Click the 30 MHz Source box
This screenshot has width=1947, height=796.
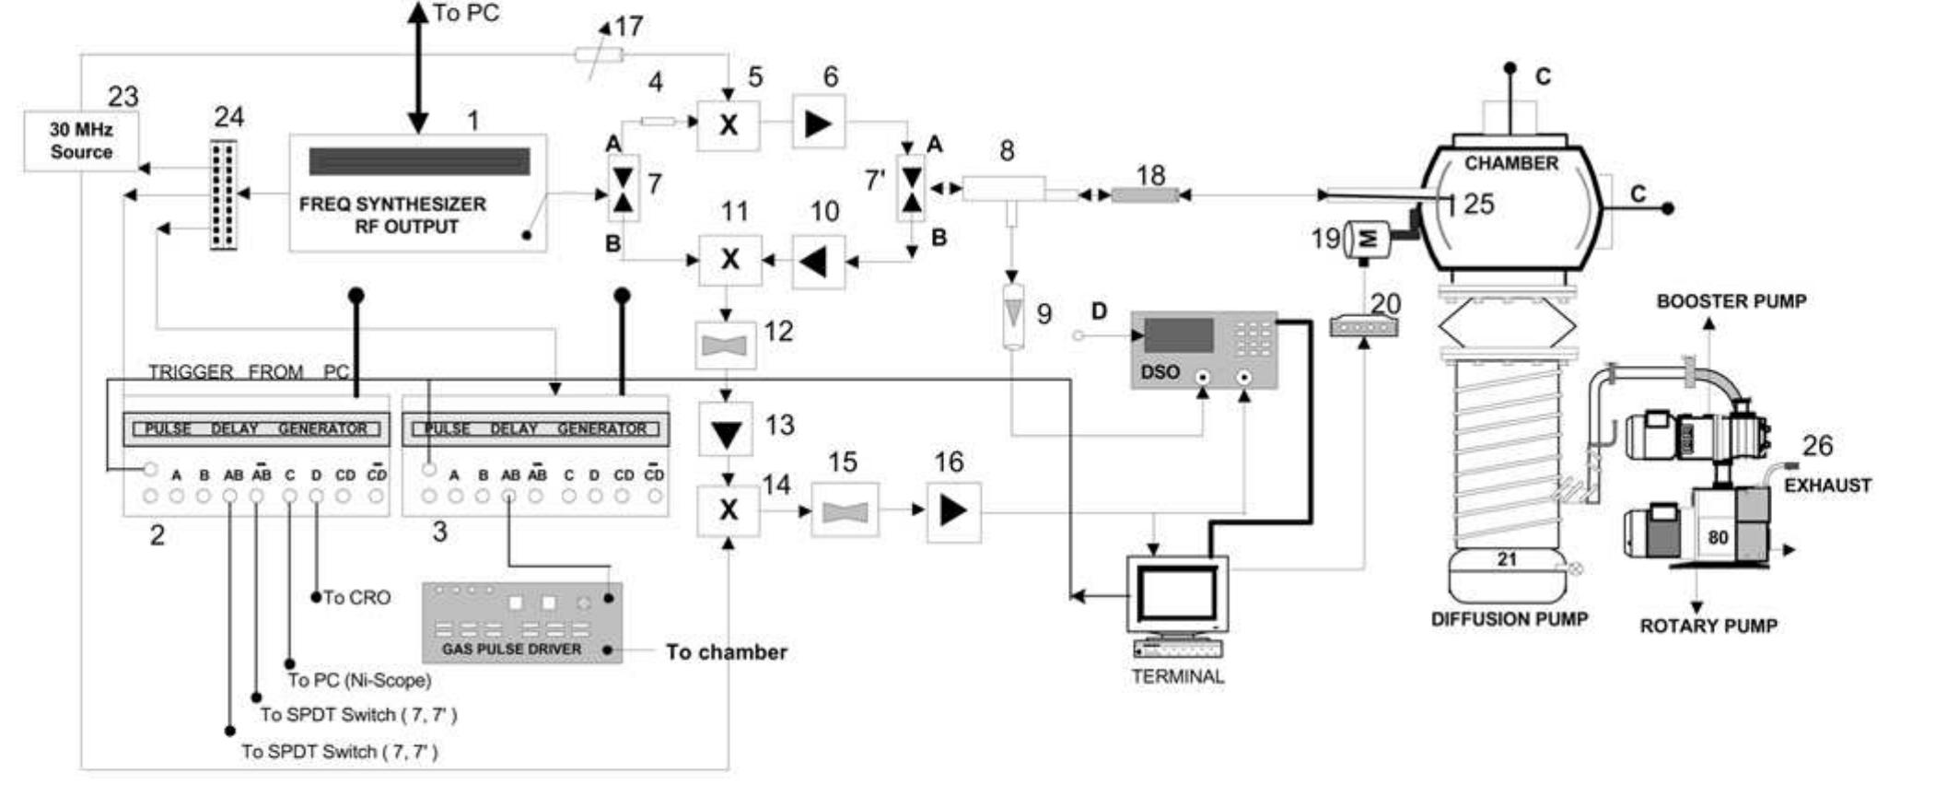tap(81, 141)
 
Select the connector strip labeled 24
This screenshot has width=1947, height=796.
tap(223, 194)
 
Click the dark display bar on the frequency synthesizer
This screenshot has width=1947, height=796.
tap(419, 161)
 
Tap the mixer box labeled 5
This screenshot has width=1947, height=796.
tap(729, 125)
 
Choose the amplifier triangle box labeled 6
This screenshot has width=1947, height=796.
tap(819, 123)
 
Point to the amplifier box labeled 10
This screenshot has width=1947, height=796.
tap(817, 263)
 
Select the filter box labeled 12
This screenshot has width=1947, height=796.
tap(726, 345)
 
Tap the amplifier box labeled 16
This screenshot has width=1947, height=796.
tap(953, 511)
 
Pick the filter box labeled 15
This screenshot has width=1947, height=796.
tap(845, 510)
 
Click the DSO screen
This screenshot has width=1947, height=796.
tap(1180, 335)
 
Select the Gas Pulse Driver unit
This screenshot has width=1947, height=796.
tap(521, 623)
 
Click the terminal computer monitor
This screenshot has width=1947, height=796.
tap(1178, 595)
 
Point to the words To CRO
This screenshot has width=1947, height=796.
tap(356, 598)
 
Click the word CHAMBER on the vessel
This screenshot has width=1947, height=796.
tap(1510, 163)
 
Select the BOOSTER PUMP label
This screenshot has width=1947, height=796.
tap(1731, 301)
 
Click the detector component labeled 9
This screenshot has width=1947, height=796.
tap(1013, 316)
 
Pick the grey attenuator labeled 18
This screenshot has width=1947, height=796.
tap(1145, 195)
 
